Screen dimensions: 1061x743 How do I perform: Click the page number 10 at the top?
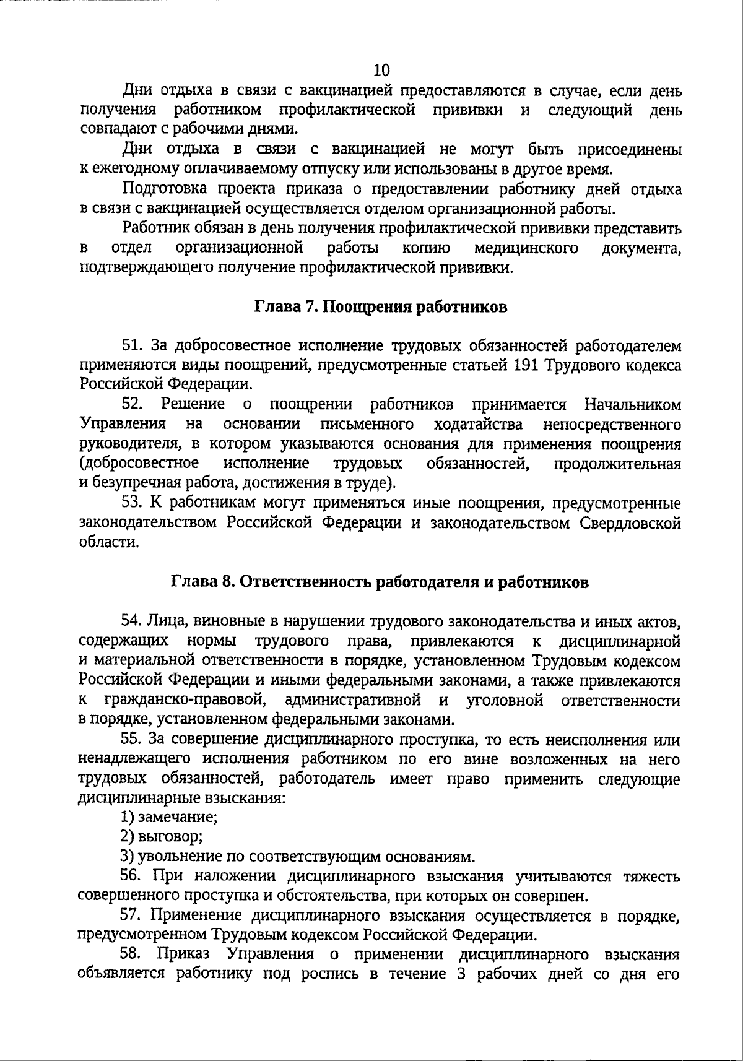[x=382, y=69]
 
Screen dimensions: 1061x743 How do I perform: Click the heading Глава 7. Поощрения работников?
[x=381, y=307]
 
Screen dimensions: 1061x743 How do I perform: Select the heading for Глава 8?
[x=380, y=582]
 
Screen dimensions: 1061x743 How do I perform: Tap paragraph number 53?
[x=132, y=503]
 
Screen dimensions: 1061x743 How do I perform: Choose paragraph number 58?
[x=132, y=954]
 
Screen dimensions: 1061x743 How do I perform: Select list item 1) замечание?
[x=169, y=817]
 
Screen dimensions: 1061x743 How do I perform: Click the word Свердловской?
[x=630, y=523]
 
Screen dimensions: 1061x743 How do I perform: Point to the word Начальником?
[x=632, y=405]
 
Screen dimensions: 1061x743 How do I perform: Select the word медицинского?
[x=526, y=248]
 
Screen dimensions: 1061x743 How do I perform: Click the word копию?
[x=426, y=248]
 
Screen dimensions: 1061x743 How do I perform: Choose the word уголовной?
[x=505, y=701]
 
